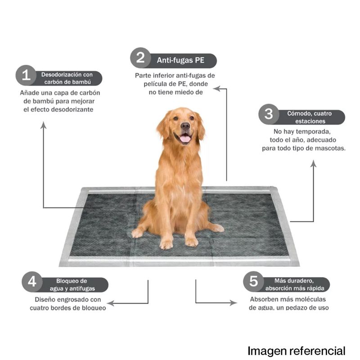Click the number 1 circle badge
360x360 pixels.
26,75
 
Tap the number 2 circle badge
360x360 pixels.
140,58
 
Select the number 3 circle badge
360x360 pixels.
269,114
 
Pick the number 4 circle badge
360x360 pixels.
32,282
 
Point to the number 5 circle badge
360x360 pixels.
253,281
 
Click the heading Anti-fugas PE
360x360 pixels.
180,60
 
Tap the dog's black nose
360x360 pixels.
185,126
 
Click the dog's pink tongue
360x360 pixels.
185,139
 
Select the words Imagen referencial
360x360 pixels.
297,351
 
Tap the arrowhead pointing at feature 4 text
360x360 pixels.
110,303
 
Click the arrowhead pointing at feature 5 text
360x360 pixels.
234,302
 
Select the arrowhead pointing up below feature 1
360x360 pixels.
43,125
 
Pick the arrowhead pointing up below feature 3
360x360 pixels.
313,163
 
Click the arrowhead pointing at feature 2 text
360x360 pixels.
216,89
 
